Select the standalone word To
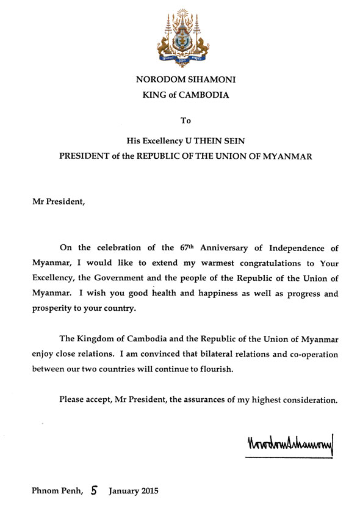point(185,122)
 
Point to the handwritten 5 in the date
point(95,489)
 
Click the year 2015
point(148,490)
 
